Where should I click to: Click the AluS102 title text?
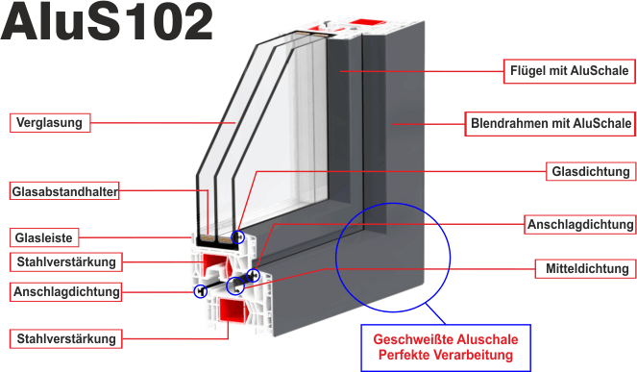(107, 21)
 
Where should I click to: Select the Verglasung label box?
(50, 123)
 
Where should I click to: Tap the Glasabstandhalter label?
(64, 191)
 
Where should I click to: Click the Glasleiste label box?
(44, 237)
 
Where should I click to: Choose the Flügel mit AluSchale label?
(569, 71)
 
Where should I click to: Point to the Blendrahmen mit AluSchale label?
(551, 124)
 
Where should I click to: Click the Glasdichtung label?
(591, 171)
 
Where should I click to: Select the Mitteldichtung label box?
(585, 269)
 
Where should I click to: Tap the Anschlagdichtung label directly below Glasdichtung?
(580, 224)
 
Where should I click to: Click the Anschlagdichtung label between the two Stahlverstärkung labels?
(65, 292)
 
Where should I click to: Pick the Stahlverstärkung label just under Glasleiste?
(65, 262)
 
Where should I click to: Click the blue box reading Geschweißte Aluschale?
(446, 348)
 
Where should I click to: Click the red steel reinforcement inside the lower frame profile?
(232, 311)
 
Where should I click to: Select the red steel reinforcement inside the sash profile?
(216, 264)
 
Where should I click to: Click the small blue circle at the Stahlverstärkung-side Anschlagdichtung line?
(200, 291)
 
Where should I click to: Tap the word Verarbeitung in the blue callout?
(474, 355)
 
